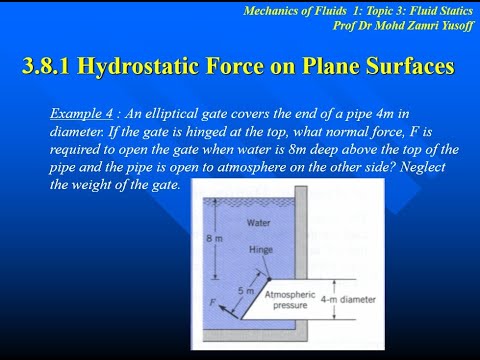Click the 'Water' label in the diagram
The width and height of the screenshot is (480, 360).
point(259,223)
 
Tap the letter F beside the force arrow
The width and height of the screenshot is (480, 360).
point(211,299)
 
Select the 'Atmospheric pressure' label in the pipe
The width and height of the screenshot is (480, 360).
point(289,301)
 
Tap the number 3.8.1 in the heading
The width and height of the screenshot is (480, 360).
point(49,67)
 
